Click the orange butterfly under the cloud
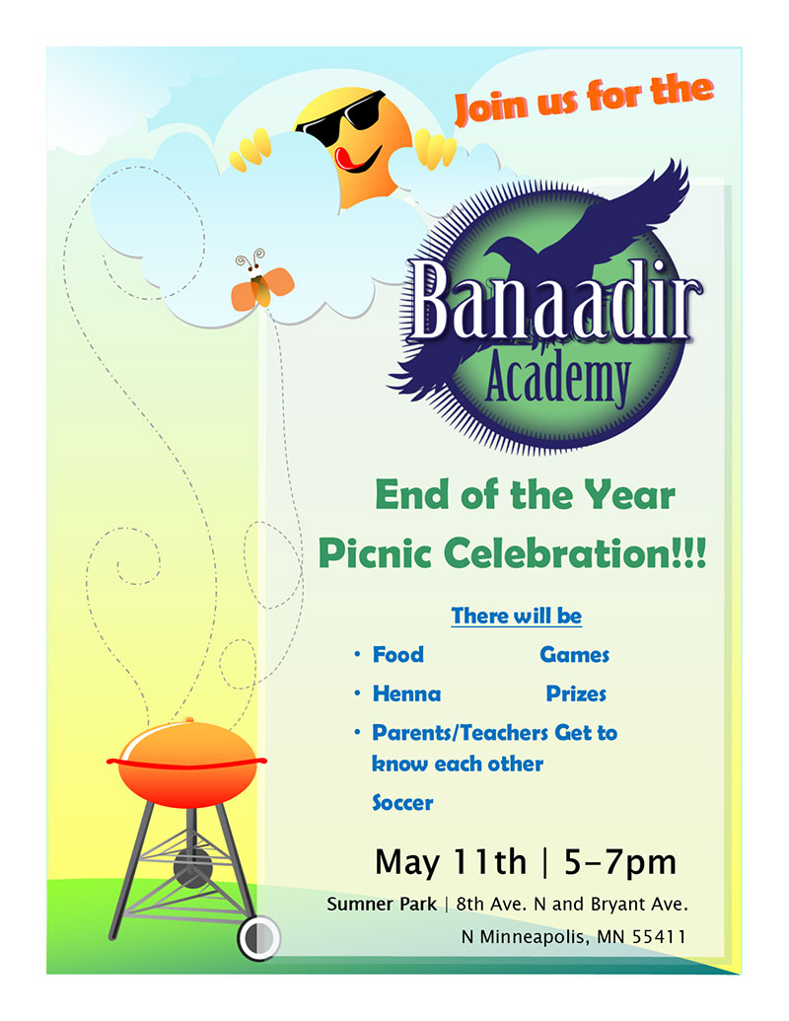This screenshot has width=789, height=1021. (x=262, y=287)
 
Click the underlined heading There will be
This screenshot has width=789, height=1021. (x=516, y=617)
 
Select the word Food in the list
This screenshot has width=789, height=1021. (x=397, y=654)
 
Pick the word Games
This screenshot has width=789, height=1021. (x=574, y=654)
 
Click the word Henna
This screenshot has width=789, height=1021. (x=406, y=693)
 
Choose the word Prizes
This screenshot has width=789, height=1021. (x=576, y=693)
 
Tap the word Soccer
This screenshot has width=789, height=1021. (x=402, y=803)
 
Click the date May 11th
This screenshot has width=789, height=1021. (x=450, y=863)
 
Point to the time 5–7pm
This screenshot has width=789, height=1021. (x=620, y=863)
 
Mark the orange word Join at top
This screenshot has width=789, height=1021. (x=492, y=107)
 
